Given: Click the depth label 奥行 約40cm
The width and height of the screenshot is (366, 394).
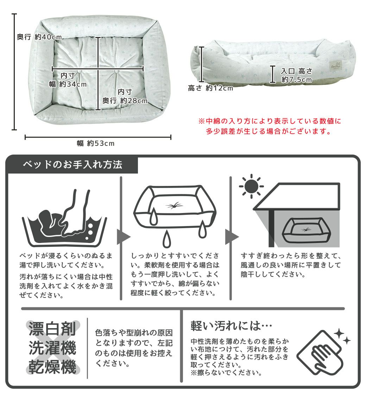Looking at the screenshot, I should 39,37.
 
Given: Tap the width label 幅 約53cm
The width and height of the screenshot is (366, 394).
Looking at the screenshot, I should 96,143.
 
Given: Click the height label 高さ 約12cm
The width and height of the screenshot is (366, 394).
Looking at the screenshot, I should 210,88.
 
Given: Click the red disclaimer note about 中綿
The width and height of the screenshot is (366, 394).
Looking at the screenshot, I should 270,127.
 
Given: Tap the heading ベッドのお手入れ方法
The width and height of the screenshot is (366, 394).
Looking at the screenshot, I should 72,164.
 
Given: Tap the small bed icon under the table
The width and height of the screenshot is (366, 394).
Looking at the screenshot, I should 305,230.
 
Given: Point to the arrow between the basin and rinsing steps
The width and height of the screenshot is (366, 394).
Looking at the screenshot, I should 123,237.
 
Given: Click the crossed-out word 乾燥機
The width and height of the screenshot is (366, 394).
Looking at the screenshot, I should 52,367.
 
